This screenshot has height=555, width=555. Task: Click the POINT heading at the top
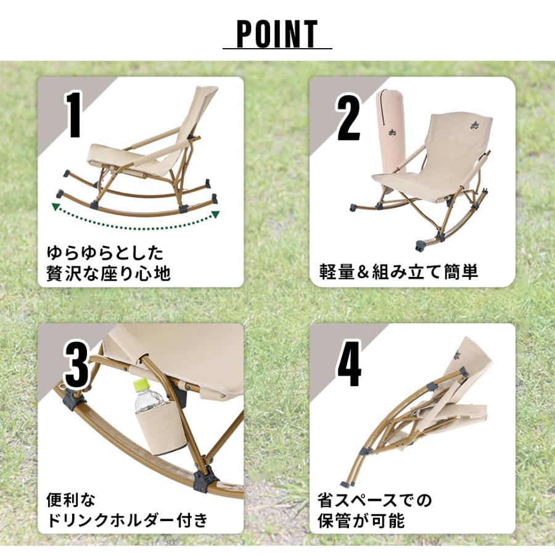277,34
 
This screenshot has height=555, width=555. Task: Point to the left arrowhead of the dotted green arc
55,207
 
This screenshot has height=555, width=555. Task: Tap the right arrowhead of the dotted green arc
215,215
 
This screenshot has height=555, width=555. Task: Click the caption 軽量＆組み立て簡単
398,272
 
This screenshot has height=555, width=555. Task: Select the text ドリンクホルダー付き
126,520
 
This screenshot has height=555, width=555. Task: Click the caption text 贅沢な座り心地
109,273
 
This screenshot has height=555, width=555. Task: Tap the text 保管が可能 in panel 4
361,520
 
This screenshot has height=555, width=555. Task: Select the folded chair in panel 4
425,407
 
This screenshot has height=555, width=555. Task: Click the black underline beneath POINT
277,49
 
